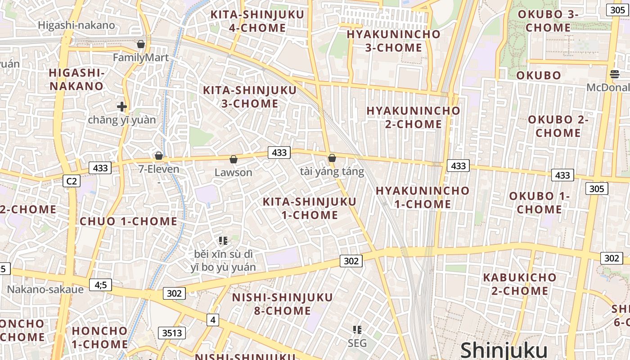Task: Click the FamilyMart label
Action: click(140, 58)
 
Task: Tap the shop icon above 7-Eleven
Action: click(158, 156)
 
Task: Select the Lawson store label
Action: click(233, 172)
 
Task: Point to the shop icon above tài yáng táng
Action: click(332, 158)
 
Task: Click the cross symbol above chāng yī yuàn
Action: click(121, 107)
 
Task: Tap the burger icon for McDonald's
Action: click(615, 74)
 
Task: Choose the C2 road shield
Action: click(71, 181)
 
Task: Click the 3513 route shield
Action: click(172, 333)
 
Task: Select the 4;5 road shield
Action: click(100, 285)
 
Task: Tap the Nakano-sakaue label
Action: click(45, 289)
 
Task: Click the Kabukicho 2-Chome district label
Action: click(520, 284)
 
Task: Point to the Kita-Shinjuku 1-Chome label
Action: click(310, 208)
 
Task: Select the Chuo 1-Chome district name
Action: click(128, 221)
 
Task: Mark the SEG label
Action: click(357, 343)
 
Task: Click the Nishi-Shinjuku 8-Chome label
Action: click(283, 304)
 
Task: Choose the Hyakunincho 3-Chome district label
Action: click(393, 41)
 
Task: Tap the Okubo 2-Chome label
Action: click(558, 126)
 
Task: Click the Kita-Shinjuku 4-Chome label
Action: click(257, 21)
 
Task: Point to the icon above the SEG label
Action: click(357, 330)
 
